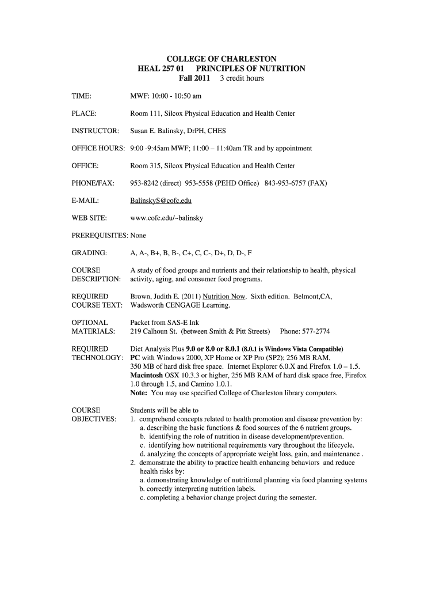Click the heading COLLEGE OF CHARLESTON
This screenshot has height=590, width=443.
point(221,59)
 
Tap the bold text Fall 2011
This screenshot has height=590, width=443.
point(194,78)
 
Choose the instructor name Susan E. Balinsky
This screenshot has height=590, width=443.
point(161,131)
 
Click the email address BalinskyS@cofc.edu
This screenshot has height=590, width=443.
point(161,201)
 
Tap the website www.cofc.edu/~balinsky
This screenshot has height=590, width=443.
point(167,218)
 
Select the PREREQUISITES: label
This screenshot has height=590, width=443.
point(100,235)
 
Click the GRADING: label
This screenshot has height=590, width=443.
point(89,253)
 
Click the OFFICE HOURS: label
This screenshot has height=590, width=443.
point(98,148)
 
